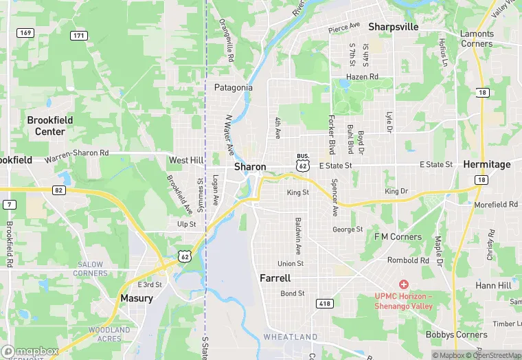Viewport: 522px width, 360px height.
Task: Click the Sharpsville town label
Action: coord(394,27)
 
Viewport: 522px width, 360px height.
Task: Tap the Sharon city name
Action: coord(250,167)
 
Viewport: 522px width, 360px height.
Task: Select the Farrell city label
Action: coord(275,278)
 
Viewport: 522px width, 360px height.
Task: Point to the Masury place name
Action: coord(137,298)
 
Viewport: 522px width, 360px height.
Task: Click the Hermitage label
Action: coord(487,165)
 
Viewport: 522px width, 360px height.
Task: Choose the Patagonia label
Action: coord(234,88)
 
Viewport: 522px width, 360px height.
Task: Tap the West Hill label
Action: coord(186,160)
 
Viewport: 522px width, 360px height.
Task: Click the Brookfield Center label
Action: coord(50,126)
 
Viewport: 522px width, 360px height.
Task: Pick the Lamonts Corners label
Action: coord(477,38)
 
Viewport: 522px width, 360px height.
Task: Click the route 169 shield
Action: coord(26,33)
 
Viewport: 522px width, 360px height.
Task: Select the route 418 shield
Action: coord(324,303)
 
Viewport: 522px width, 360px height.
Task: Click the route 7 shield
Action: coord(10,205)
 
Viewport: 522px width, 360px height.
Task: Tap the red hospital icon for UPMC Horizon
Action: coord(403,284)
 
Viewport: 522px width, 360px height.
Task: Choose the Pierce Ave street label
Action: coord(344,27)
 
